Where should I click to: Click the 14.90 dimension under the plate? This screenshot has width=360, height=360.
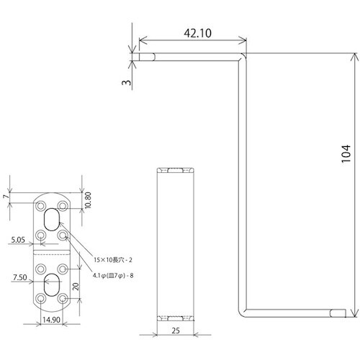click(x=51, y=319)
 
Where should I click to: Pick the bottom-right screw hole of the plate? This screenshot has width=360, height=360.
click(x=63, y=297)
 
